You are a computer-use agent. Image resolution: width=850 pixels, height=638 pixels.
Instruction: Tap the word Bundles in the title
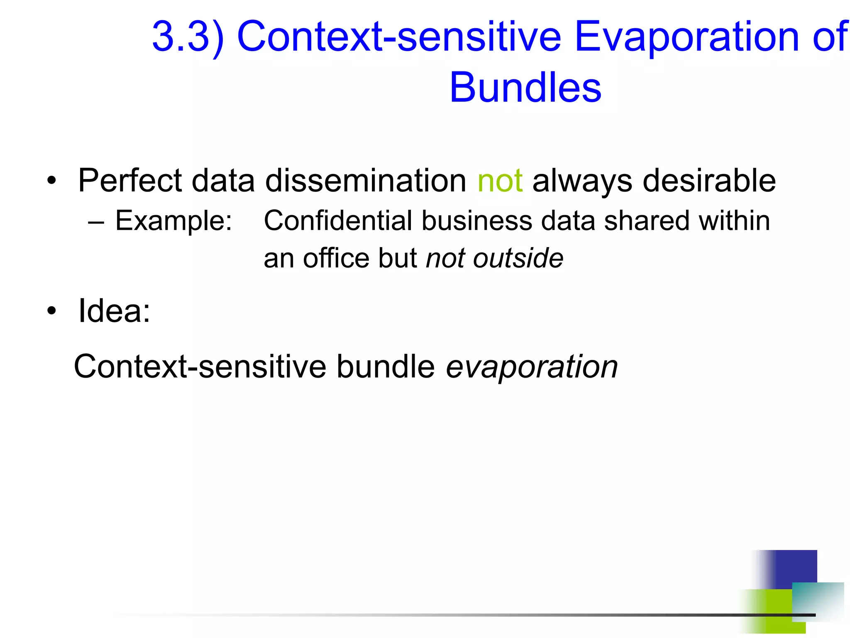(x=525, y=88)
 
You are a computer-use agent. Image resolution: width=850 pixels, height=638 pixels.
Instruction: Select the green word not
(x=500, y=181)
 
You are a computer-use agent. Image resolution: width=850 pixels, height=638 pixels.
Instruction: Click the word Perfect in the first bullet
(x=130, y=181)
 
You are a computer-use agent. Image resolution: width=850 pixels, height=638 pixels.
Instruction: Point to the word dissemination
(x=366, y=181)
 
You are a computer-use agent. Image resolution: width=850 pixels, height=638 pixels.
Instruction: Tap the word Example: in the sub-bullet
(x=173, y=221)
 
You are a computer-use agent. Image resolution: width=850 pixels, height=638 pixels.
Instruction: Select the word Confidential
(x=337, y=221)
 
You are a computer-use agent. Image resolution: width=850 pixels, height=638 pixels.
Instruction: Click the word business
(x=477, y=221)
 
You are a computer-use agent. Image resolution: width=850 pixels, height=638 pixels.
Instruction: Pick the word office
(x=336, y=258)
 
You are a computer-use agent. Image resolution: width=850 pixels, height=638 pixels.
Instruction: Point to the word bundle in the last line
(x=386, y=367)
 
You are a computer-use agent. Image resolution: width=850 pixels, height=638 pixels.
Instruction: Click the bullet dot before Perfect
(x=51, y=181)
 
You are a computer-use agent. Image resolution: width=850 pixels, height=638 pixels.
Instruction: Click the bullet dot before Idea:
(x=51, y=311)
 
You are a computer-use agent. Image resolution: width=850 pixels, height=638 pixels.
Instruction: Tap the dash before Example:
(x=96, y=222)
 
